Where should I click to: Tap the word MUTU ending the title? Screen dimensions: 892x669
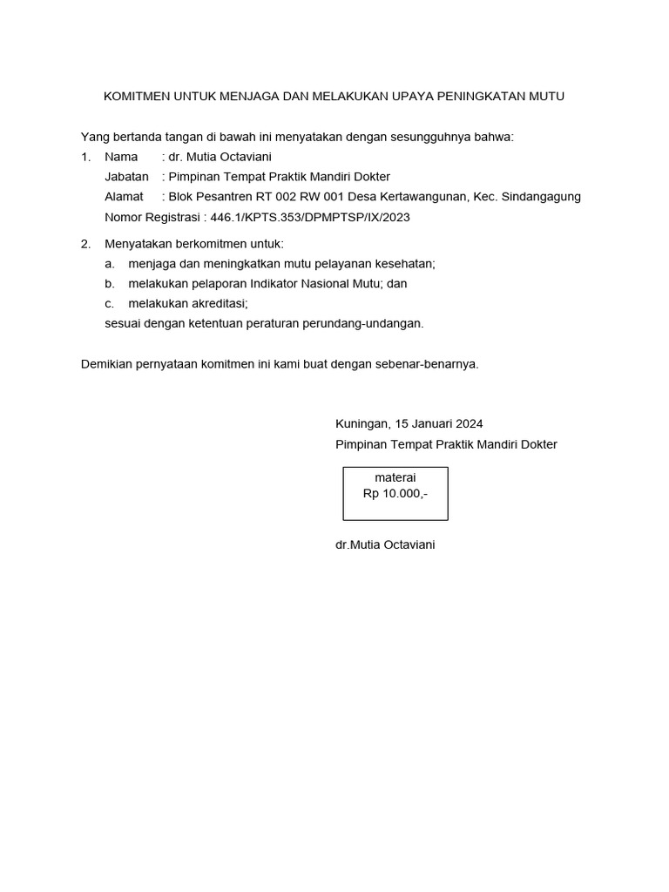click(x=546, y=96)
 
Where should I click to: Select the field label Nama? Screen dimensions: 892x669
click(x=121, y=157)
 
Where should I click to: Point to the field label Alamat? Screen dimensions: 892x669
click(x=124, y=197)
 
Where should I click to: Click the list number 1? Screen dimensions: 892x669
click(x=84, y=157)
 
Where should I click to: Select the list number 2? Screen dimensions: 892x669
click(x=84, y=243)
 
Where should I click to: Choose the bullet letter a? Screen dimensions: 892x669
click(x=109, y=263)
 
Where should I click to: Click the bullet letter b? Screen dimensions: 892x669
click(x=109, y=283)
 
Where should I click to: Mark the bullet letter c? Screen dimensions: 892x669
click(x=109, y=303)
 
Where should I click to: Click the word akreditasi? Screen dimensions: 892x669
click(x=216, y=303)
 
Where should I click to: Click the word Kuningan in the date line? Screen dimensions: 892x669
click(x=362, y=424)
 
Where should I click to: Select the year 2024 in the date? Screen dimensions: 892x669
click(x=468, y=424)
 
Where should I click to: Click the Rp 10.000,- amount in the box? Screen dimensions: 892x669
click(x=395, y=493)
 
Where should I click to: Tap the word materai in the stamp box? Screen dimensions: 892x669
click(x=395, y=477)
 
